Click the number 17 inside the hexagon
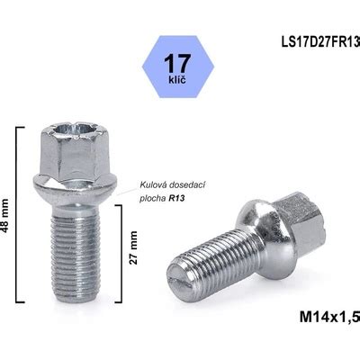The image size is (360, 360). pyautogui.click(x=177, y=63)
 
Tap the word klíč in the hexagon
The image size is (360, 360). pyautogui.click(x=177, y=80)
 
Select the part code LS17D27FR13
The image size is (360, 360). pyautogui.click(x=320, y=42)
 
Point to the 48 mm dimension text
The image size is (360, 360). pyautogui.click(x=5, y=215)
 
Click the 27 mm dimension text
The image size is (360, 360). pyautogui.click(x=133, y=247)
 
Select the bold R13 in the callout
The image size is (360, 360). pyautogui.click(x=176, y=199)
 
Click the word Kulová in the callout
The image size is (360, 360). pyautogui.click(x=153, y=185)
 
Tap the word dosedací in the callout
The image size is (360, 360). pyautogui.click(x=186, y=185)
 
